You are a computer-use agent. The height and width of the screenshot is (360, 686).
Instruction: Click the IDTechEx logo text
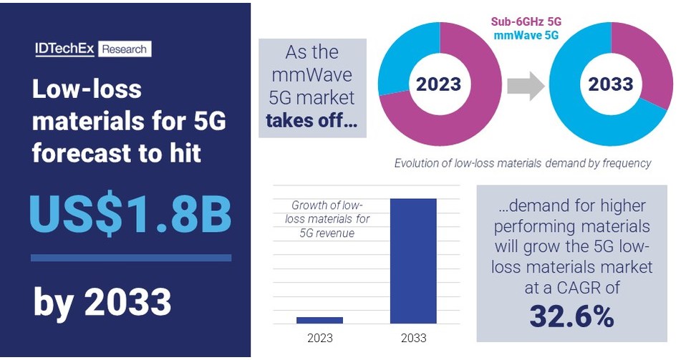coord(66,49)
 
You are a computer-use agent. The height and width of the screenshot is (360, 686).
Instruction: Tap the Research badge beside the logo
coord(125,49)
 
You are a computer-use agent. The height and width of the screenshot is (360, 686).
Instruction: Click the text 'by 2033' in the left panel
coord(102,303)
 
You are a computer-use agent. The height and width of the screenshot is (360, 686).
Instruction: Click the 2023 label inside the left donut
coord(439,84)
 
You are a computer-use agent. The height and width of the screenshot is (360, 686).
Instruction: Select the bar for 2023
coord(319,320)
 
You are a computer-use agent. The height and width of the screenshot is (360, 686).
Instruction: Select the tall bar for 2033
coord(413,261)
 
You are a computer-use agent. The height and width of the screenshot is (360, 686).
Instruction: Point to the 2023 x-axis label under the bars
coord(319,337)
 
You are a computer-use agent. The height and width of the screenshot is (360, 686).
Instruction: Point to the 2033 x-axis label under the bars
coord(413,337)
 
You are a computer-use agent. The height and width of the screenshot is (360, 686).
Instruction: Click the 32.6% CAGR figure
coord(571,316)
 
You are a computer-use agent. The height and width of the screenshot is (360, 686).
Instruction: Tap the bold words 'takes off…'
coord(311,120)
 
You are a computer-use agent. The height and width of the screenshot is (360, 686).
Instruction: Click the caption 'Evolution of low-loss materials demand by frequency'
coord(523,163)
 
